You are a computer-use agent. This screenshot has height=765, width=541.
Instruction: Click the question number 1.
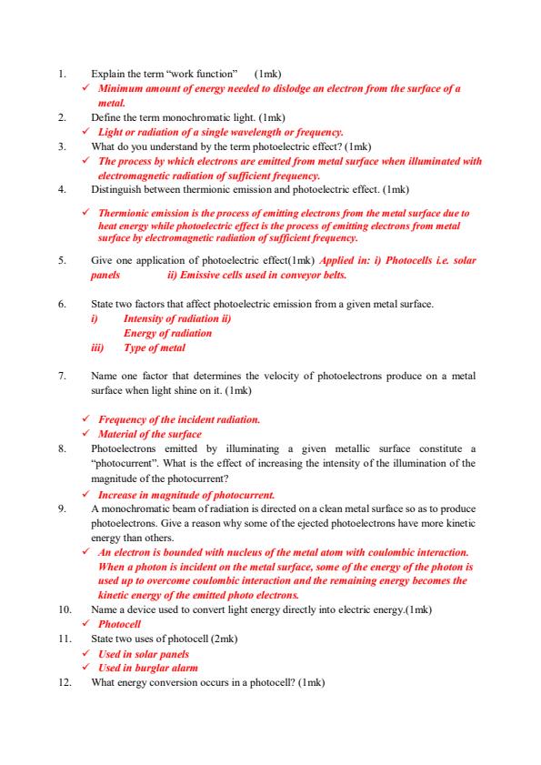click(60, 72)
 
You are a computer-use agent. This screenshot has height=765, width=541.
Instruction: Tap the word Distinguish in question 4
click(118, 190)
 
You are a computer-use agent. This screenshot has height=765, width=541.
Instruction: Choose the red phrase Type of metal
click(154, 347)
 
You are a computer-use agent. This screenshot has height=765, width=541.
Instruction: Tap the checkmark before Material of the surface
click(85, 434)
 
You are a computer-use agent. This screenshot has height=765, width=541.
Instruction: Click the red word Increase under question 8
click(119, 494)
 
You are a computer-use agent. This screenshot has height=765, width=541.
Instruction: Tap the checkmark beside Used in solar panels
click(85, 654)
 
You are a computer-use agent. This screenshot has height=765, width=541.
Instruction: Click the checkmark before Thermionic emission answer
click(85, 213)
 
